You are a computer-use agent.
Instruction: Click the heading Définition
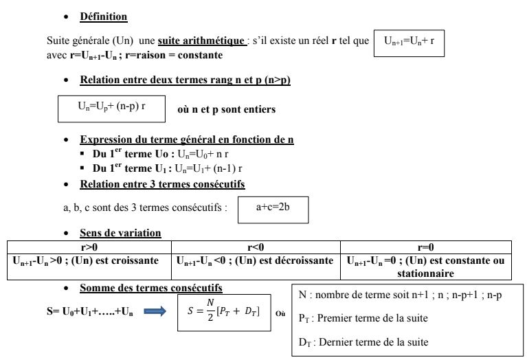click(104, 16)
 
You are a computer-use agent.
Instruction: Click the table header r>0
click(89, 246)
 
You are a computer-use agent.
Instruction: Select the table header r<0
click(256, 246)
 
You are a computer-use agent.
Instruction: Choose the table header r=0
click(426, 246)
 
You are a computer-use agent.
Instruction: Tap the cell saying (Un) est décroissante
click(288, 260)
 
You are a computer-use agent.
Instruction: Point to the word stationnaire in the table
click(426, 273)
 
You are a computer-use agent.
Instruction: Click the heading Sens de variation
click(121, 233)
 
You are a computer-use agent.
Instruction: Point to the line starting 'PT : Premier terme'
click(363, 318)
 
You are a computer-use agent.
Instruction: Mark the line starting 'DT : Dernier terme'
click(361, 341)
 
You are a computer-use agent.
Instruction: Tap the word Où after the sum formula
click(280, 313)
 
